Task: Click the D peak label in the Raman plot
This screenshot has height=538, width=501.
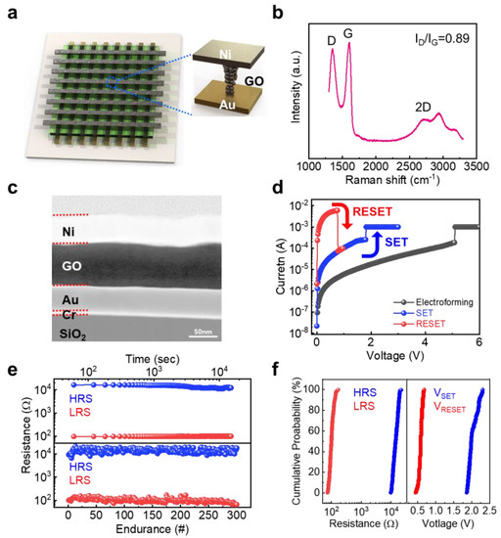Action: pos(332,38)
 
